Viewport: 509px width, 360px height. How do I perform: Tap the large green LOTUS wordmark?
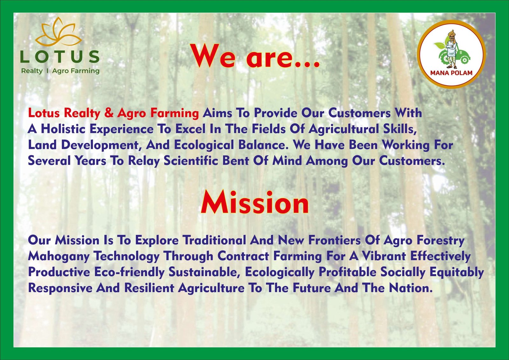(x=60, y=57)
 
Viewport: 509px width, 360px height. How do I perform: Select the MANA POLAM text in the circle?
(x=451, y=73)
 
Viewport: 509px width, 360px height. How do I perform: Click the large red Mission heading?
(x=255, y=202)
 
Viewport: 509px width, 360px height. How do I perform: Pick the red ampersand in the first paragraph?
(x=109, y=113)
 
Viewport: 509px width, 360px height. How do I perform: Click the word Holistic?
(x=63, y=129)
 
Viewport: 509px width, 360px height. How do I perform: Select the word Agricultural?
(x=344, y=129)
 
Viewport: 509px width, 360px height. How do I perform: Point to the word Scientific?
(x=191, y=161)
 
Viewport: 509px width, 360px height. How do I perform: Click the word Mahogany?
(x=59, y=257)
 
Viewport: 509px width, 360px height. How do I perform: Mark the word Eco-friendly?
(x=129, y=272)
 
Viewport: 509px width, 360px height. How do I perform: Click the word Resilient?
(x=149, y=288)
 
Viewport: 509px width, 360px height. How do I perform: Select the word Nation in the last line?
(x=411, y=288)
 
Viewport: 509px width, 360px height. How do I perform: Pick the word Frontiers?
(x=334, y=240)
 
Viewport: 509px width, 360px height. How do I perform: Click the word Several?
(x=49, y=161)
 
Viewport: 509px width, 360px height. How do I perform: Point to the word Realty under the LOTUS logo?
(x=32, y=71)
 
